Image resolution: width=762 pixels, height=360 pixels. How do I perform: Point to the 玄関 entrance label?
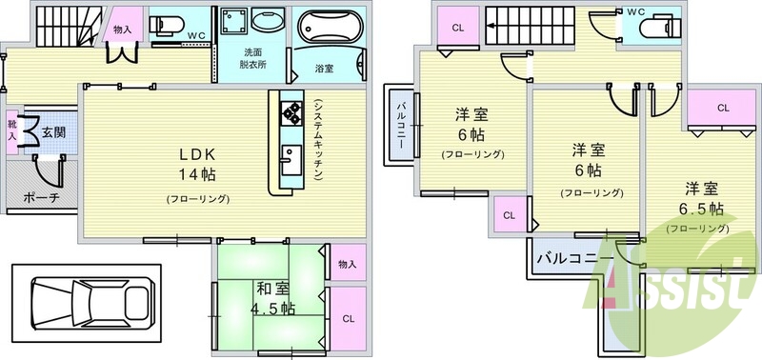53,131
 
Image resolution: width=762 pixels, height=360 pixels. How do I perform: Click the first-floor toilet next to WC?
169,25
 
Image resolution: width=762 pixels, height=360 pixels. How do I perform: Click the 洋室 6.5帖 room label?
698,198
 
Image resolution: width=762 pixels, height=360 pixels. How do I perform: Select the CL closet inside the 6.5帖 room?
723,109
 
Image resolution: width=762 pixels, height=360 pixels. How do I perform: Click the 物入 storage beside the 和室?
345,264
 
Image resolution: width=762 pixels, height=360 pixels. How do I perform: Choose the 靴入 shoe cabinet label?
11,131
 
